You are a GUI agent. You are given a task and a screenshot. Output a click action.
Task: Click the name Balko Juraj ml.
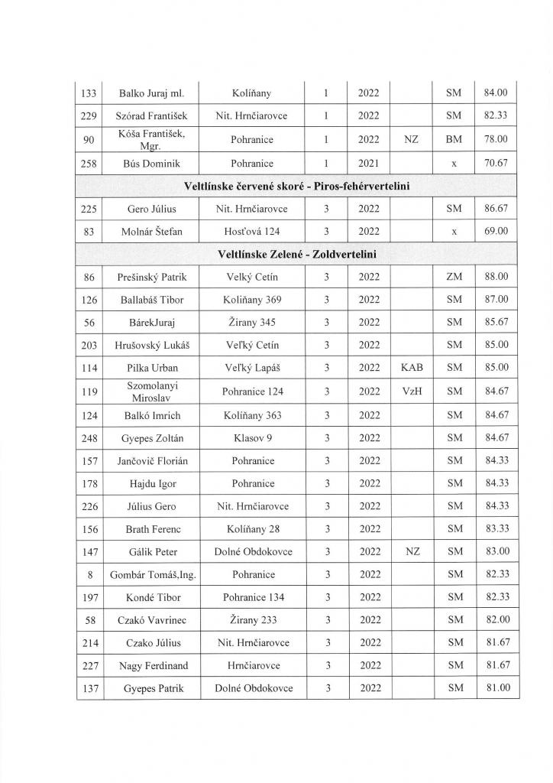[x=150, y=93]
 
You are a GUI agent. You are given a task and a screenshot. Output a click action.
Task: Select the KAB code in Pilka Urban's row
[x=411, y=368]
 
